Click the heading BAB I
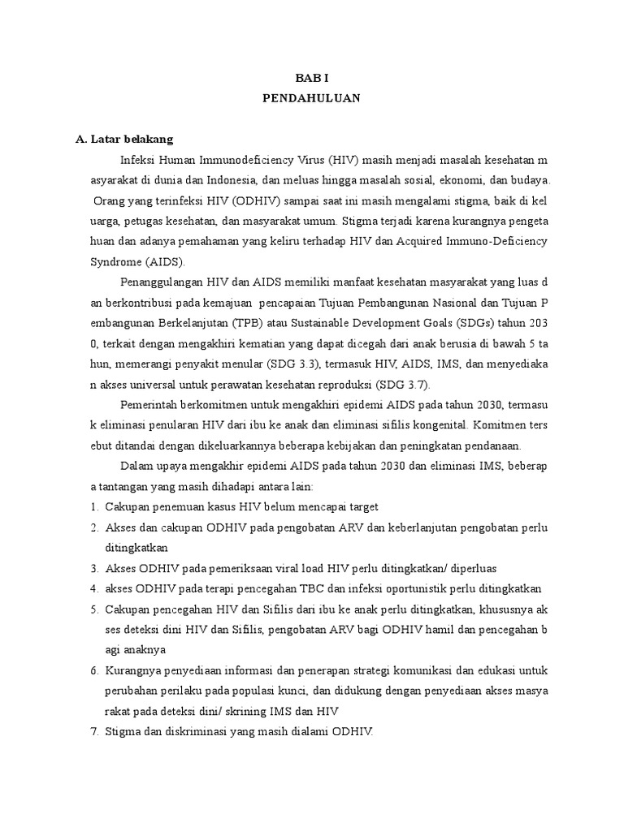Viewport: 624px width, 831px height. coord(311,78)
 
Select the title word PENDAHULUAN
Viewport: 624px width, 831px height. coord(311,98)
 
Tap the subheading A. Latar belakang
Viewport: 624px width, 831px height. coord(123,140)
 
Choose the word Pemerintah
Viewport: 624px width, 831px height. coord(150,405)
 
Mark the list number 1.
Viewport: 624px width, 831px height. coord(93,507)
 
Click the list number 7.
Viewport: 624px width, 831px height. coord(93,731)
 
